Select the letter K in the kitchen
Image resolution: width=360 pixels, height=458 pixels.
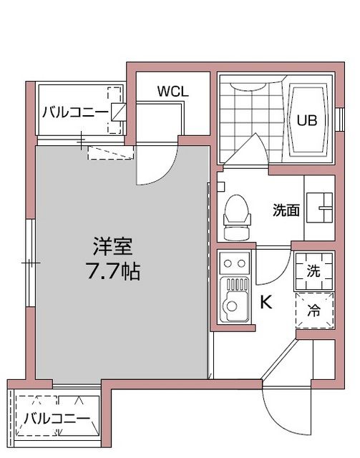coord(265,303)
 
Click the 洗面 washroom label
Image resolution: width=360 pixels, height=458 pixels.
coord(285,210)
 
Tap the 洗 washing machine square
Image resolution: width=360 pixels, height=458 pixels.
coord(313,271)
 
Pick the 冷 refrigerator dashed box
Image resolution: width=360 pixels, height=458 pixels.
coord(313,311)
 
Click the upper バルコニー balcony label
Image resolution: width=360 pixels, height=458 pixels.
coord(73,112)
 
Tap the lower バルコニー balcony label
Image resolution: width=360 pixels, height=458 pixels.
coord(56,419)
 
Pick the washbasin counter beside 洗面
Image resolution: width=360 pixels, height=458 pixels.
coord(320,208)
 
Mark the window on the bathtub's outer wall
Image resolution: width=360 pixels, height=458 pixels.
coord(338,119)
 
